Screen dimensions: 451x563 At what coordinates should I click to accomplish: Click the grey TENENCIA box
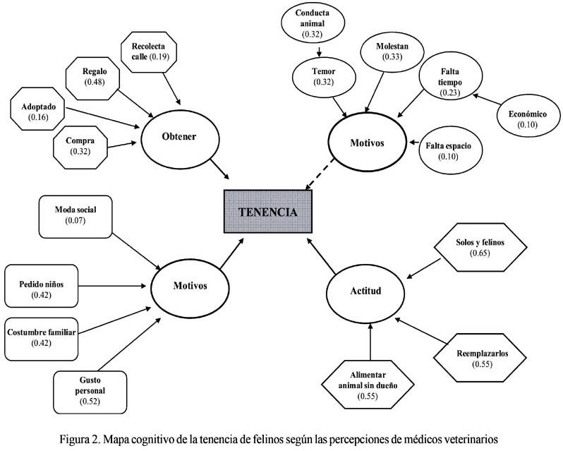pos(267,211)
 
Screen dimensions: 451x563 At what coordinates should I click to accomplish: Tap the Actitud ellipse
pos(365,291)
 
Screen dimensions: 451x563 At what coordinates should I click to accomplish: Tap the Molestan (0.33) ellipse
pos(392,54)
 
